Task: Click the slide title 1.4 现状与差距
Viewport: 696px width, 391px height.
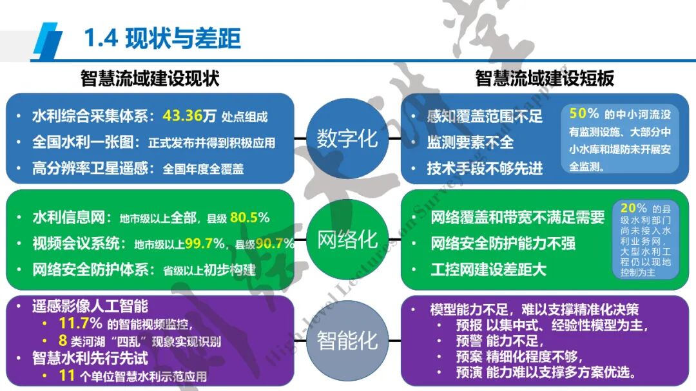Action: (162, 39)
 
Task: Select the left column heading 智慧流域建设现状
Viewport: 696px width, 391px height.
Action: (150, 78)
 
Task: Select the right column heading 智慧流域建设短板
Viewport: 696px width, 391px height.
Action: (545, 78)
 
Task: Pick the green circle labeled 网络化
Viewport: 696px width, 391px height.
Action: (347, 240)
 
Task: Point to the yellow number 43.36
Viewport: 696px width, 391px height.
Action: (183, 116)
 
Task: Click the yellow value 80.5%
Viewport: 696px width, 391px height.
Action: (249, 218)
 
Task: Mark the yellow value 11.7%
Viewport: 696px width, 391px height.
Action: (80, 323)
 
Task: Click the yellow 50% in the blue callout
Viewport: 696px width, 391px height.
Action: (584, 113)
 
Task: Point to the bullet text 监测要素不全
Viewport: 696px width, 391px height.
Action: (470, 142)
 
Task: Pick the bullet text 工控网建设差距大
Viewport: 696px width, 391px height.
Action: (488, 269)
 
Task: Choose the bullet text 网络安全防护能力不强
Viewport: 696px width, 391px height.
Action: (503, 243)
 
